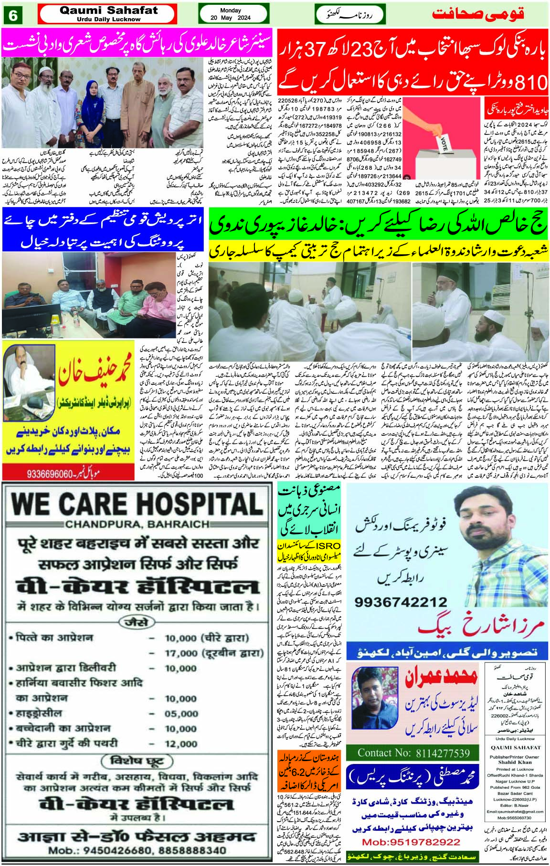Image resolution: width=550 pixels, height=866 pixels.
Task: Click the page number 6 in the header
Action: pyautogui.click(x=13, y=16)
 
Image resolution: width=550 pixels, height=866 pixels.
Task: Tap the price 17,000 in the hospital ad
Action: pyautogui.click(x=181, y=653)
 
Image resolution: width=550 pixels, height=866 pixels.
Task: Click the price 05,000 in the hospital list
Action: pyautogui.click(x=181, y=714)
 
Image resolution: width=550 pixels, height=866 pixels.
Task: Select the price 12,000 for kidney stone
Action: pyautogui.click(x=181, y=744)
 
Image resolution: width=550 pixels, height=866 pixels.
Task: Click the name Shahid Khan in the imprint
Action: pyautogui.click(x=514, y=762)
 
